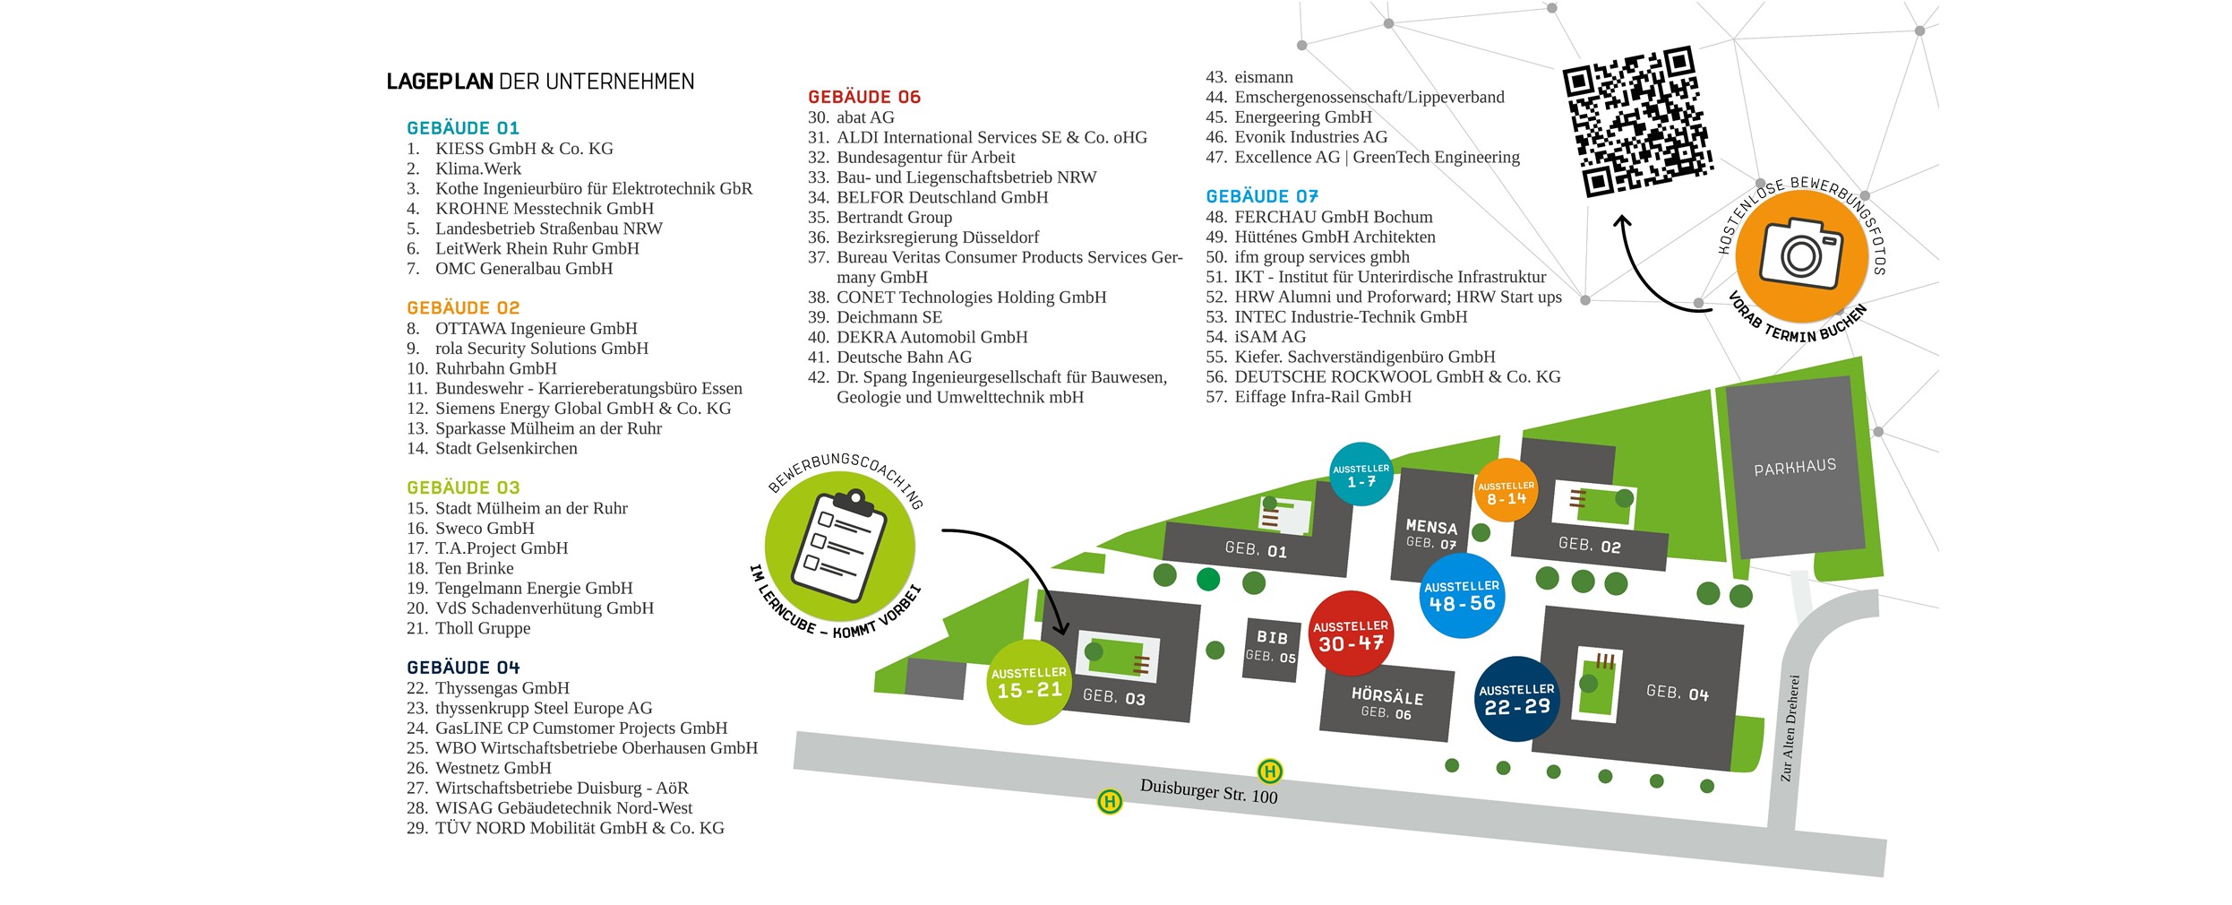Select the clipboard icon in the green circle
840,547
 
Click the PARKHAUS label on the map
1794,467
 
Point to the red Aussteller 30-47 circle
1351,634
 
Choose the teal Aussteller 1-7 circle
1361,474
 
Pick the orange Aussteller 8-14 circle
1506,491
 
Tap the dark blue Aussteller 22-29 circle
1516,699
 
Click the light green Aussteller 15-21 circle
1029,682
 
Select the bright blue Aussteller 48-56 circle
1462,595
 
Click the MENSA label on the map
1430,527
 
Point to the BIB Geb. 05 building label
1271,645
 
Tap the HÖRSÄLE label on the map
1386,696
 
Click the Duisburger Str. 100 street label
1208,791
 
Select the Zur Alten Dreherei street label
1789,728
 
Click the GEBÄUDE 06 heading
863,97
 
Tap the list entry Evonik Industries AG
1310,137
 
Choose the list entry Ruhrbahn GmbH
495,368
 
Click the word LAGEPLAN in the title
439,82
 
